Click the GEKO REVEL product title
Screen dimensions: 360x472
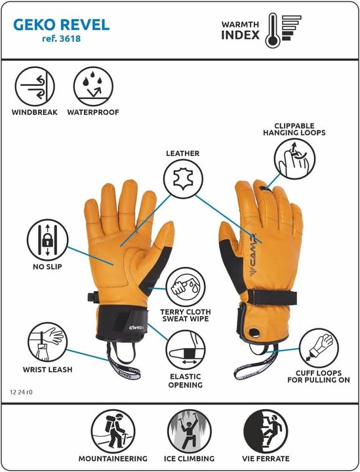coord(61,25)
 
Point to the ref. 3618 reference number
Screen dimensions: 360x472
coord(61,39)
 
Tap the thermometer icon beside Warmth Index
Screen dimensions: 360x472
coord(273,30)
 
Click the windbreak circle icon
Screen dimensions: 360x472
coord(35,87)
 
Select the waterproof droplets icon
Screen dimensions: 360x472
coord(93,87)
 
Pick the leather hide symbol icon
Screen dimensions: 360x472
coord(184,179)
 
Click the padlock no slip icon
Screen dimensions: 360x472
coord(48,240)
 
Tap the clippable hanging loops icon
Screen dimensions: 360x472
coord(294,159)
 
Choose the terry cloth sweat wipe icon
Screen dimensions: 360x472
coord(186,288)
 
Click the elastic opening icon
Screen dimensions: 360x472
coord(186,350)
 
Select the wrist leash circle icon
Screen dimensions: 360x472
coord(48,343)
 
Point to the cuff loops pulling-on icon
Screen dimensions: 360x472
coord(319,348)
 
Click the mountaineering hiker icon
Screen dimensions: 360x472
coord(113,431)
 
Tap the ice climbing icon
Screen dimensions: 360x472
coord(190,431)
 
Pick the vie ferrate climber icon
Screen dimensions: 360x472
coord(266,431)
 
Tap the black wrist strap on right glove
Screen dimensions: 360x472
coord(271,297)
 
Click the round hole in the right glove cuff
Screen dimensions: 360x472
coord(254,332)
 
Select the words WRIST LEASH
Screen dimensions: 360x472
coord(48,370)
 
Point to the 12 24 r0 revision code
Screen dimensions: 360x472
coord(21,393)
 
